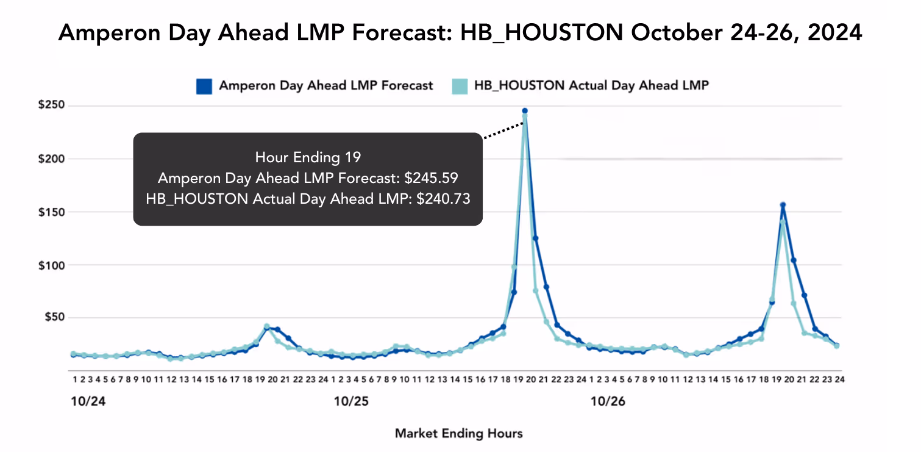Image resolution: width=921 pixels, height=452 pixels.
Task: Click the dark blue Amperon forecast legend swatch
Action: coord(204,86)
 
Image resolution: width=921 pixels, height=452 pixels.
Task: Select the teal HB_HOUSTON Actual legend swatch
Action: coord(459,86)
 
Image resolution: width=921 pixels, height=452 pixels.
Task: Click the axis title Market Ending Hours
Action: coord(458,434)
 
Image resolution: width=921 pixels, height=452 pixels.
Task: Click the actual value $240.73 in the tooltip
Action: coord(443,199)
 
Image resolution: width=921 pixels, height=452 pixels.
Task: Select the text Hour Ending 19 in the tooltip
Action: coord(308,157)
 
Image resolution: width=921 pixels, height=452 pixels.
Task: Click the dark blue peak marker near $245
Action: coord(524,111)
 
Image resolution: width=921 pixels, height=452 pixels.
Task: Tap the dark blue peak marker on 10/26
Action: coord(783,205)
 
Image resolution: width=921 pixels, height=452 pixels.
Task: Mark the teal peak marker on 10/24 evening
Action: coord(266,326)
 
